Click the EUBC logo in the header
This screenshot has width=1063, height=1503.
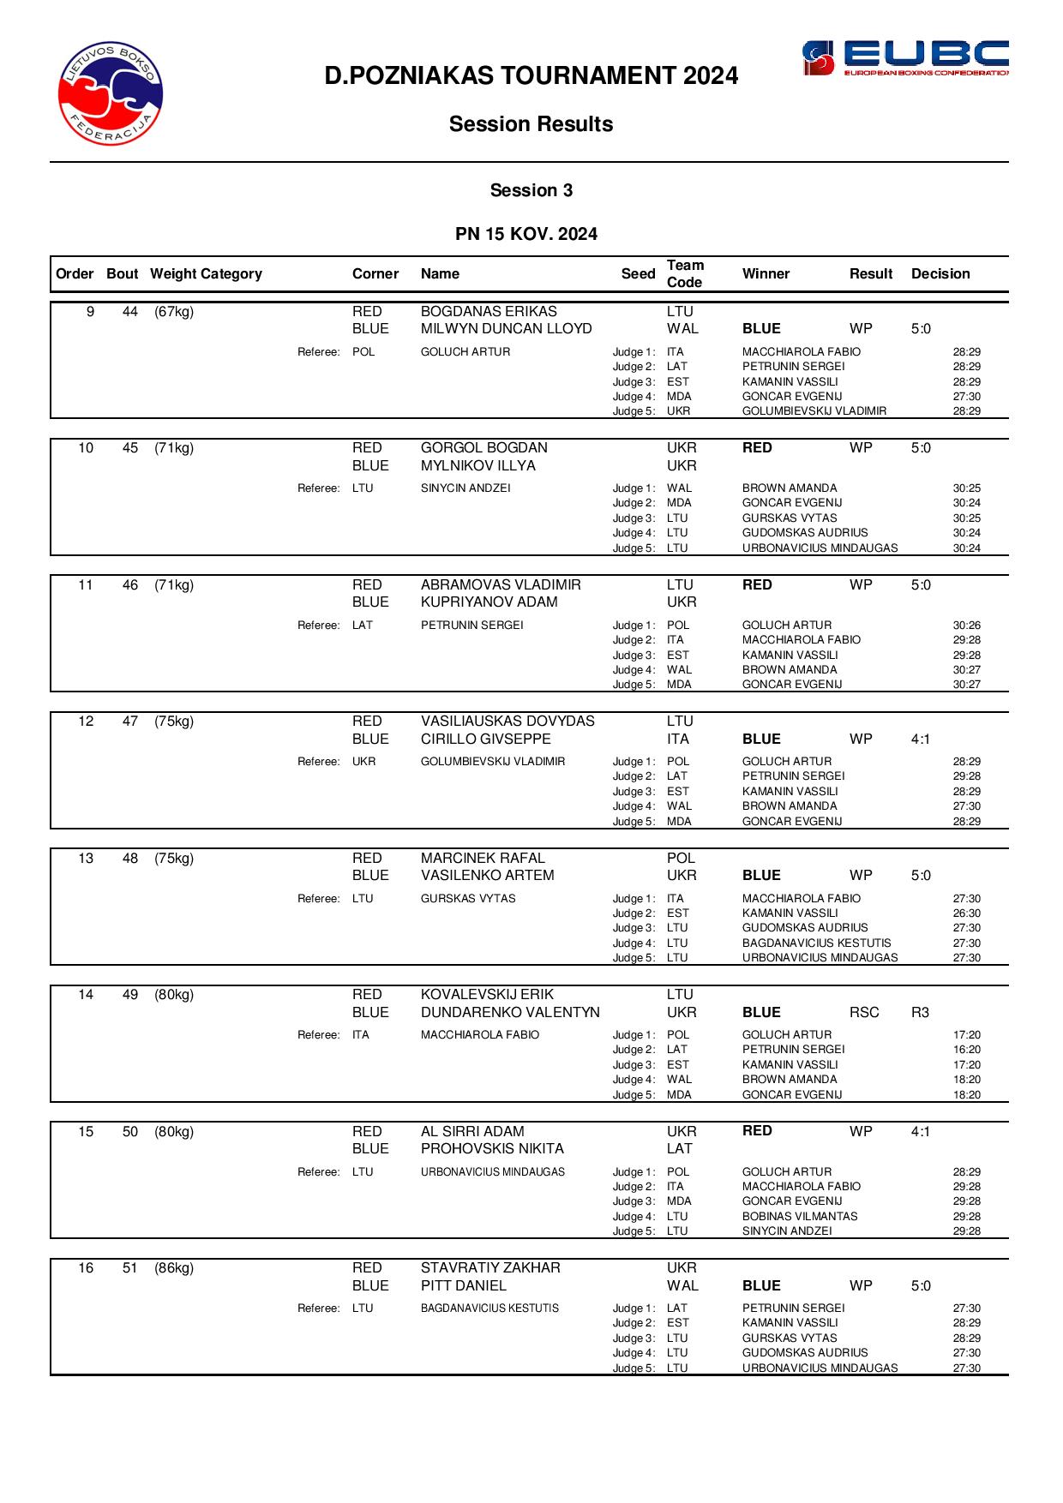click(904, 58)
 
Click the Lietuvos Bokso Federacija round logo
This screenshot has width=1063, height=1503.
click(111, 93)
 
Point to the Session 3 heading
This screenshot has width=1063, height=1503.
click(531, 190)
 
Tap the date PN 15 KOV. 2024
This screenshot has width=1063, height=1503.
click(526, 234)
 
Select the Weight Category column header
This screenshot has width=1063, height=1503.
click(206, 274)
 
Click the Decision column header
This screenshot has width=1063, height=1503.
click(940, 274)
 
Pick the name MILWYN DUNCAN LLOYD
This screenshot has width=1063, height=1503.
click(506, 329)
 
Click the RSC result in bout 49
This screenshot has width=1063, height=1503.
click(864, 1013)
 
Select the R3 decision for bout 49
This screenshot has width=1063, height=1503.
click(920, 1013)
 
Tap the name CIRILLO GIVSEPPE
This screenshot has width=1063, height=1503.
click(485, 740)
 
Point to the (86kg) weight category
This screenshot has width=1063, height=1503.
click(174, 1268)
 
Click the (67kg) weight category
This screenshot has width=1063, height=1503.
click(174, 312)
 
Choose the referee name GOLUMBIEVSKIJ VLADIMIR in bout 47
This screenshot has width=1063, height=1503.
click(493, 762)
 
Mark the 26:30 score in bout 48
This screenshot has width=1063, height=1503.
click(966, 913)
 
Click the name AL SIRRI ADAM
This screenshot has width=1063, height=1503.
click(472, 1132)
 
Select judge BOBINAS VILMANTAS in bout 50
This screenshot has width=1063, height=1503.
click(799, 1217)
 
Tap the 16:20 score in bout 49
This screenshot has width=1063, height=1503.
click(966, 1050)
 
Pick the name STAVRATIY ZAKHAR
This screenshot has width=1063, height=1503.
click(490, 1268)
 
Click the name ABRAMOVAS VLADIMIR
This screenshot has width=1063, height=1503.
click(501, 585)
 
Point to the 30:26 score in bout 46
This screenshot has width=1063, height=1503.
click(966, 626)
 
